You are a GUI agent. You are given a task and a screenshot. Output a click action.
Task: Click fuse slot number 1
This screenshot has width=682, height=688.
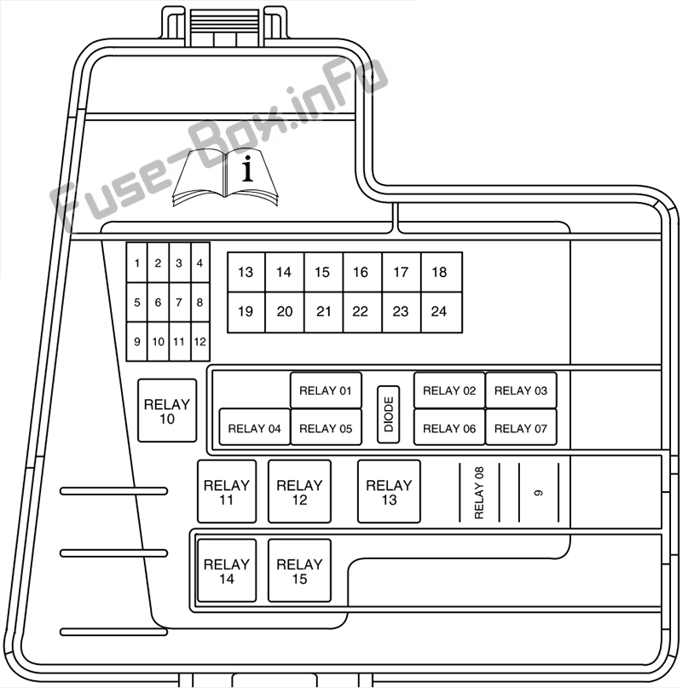coord(137,263)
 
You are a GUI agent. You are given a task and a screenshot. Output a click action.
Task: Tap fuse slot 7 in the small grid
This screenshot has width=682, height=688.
coord(179,303)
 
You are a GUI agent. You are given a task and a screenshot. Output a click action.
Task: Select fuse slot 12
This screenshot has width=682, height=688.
coord(200,341)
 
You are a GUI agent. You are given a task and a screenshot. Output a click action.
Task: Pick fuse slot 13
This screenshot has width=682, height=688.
coord(246,272)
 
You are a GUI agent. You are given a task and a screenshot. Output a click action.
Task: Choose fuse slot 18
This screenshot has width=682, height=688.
coord(440,272)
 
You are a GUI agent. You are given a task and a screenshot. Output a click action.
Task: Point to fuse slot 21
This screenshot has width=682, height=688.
coord(323,311)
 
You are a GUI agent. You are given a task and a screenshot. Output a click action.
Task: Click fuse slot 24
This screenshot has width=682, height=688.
coord(440,311)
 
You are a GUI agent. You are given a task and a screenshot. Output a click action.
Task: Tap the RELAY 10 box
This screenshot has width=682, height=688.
coord(167,411)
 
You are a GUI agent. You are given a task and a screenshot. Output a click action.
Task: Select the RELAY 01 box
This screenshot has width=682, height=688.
coord(326,390)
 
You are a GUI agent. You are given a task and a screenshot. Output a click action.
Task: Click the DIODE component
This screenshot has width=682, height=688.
coord(389,414)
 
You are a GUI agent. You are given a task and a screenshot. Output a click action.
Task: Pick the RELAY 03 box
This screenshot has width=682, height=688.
coord(521,390)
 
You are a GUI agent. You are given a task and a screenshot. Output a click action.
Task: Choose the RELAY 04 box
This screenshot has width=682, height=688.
coord(255,427)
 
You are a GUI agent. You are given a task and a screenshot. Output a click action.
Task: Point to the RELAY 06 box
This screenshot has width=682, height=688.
coord(449,427)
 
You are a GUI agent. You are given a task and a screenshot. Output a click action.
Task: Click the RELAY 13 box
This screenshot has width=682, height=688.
coord(389,491)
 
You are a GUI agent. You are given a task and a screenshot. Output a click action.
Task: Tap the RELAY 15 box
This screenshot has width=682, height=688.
coord(299,570)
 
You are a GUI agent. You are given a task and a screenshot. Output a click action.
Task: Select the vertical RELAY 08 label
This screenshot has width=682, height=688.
coord(479,493)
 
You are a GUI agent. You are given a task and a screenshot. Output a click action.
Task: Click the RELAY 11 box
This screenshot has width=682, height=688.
coord(227,491)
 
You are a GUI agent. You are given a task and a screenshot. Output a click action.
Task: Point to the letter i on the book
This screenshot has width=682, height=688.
coord(247,169)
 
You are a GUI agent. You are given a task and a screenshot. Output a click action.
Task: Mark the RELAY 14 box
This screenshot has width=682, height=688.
coord(227,570)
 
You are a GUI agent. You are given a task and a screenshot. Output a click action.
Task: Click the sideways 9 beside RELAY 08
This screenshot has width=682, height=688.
coord(539,493)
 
